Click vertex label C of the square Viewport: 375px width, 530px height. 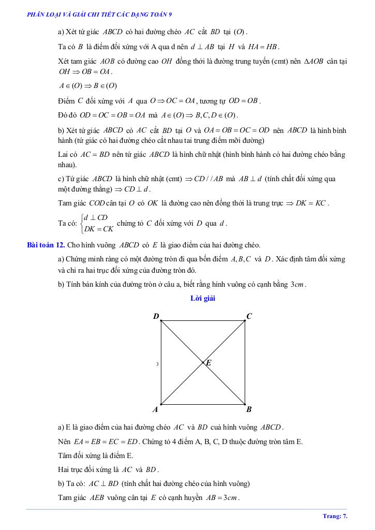coord(249,316)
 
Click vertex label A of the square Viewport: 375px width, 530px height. coord(155,409)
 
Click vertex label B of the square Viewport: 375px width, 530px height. coord(249,409)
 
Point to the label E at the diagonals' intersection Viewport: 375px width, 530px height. coord(208,363)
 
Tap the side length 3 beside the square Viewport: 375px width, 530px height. coord(157,365)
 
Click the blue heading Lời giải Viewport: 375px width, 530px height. coord(203,298)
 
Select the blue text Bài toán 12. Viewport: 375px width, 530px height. coord(45,245)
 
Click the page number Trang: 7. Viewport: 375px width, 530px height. coord(335,516)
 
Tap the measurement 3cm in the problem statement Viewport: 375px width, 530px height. coord(297,284)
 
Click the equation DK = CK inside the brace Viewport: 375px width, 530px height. coord(99,228)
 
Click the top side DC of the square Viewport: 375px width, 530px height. coord(203,321)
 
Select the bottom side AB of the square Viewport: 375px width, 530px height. coord(203,404)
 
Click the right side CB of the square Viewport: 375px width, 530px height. coord(245,362)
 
